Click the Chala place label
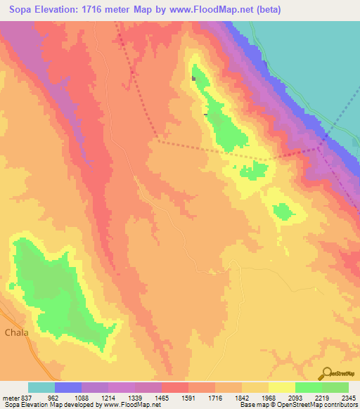click(17, 332)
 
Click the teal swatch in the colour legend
click(41, 387)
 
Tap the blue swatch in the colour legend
click(68, 387)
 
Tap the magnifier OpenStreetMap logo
click(326, 374)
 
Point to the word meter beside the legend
click(11, 396)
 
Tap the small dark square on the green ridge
click(193, 78)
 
